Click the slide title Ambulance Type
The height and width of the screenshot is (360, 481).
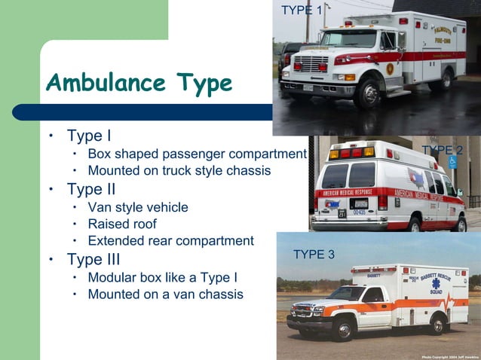(x=139, y=82)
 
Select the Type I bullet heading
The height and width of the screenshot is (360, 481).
(x=89, y=136)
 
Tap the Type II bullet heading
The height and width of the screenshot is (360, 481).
(x=91, y=189)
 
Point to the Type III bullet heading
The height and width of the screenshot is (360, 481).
(x=93, y=260)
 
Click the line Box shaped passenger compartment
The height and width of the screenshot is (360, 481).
(x=197, y=154)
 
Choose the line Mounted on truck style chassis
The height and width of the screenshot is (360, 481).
(x=179, y=171)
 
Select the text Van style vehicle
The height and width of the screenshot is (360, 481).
(x=138, y=207)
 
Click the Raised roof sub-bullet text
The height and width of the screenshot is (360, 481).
(x=122, y=224)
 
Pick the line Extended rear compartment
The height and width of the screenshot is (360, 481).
(x=170, y=241)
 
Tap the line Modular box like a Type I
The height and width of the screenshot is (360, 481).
(x=163, y=277)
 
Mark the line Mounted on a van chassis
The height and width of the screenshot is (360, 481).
(x=165, y=294)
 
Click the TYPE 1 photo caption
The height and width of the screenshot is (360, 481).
(x=302, y=10)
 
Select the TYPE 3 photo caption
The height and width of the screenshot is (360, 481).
(x=314, y=255)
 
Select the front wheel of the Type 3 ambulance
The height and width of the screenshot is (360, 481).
(x=343, y=327)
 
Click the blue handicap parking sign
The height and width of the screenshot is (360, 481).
(x=452, y=162)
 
